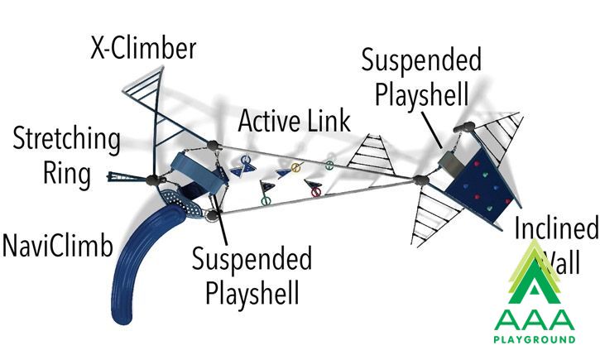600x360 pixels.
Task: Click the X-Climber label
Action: click(143, 48)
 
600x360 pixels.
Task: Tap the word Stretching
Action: click(66, 139)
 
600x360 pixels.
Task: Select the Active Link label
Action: click(294, 121)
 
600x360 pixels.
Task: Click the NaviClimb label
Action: click(58, 245)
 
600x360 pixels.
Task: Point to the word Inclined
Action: click(556, 228)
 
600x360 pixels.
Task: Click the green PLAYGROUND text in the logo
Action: click(534, 339)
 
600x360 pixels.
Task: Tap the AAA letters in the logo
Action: click(534, 319)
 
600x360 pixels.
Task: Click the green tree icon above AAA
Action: click(535, 271)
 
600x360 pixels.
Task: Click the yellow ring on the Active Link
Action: click(295, 167)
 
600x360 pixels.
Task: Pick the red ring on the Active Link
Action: click(315, 192)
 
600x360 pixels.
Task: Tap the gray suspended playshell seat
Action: click(451, 161)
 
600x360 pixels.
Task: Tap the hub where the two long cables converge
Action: click(421, 180)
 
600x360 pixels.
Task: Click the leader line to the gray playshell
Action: click(432, 129)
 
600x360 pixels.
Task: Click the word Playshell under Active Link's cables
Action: click(252, 293)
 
